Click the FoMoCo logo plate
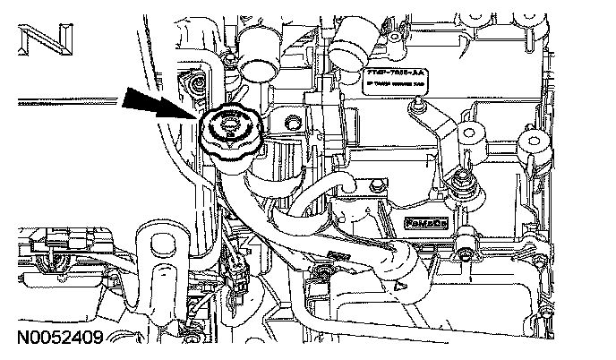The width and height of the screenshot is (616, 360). [424, 223]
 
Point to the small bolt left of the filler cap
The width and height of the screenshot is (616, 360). [192, 84]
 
